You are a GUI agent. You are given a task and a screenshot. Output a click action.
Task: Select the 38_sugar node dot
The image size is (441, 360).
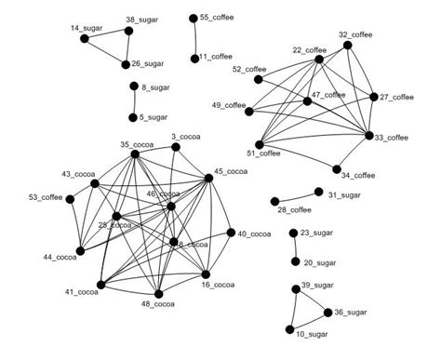point(128,30)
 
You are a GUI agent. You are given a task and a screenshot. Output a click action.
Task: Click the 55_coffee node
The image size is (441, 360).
point(193,18)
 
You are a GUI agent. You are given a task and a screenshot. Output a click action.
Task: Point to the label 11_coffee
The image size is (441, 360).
point(216,57)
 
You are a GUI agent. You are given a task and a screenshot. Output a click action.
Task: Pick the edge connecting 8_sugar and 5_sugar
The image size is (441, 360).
point(133,102)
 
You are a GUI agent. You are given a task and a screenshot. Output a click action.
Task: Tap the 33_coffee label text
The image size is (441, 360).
point(392,138)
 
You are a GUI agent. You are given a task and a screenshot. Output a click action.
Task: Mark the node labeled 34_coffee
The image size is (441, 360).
point(336,168)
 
